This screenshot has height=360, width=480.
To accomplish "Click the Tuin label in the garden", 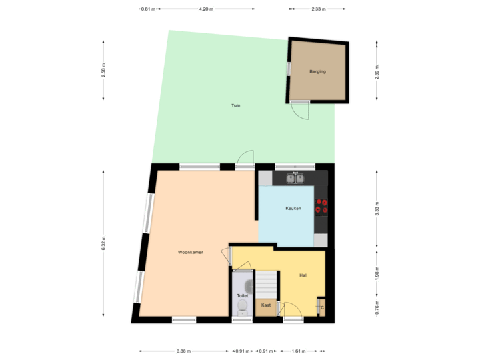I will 236,105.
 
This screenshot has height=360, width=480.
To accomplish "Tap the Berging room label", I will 317,71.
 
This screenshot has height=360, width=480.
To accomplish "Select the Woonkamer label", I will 190,253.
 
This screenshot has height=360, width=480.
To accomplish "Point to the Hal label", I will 303,275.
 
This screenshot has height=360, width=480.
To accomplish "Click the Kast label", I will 266,305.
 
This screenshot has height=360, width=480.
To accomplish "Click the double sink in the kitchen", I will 295,179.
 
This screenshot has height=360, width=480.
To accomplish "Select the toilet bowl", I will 242,307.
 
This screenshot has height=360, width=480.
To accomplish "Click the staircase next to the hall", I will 267,285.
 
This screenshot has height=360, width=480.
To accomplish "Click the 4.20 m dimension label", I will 206,9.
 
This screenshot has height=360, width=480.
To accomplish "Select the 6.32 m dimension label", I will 103,244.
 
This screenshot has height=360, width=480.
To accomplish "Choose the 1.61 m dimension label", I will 299,351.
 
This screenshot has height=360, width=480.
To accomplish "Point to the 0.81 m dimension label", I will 148,9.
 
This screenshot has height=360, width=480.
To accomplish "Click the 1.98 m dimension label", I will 377,275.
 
